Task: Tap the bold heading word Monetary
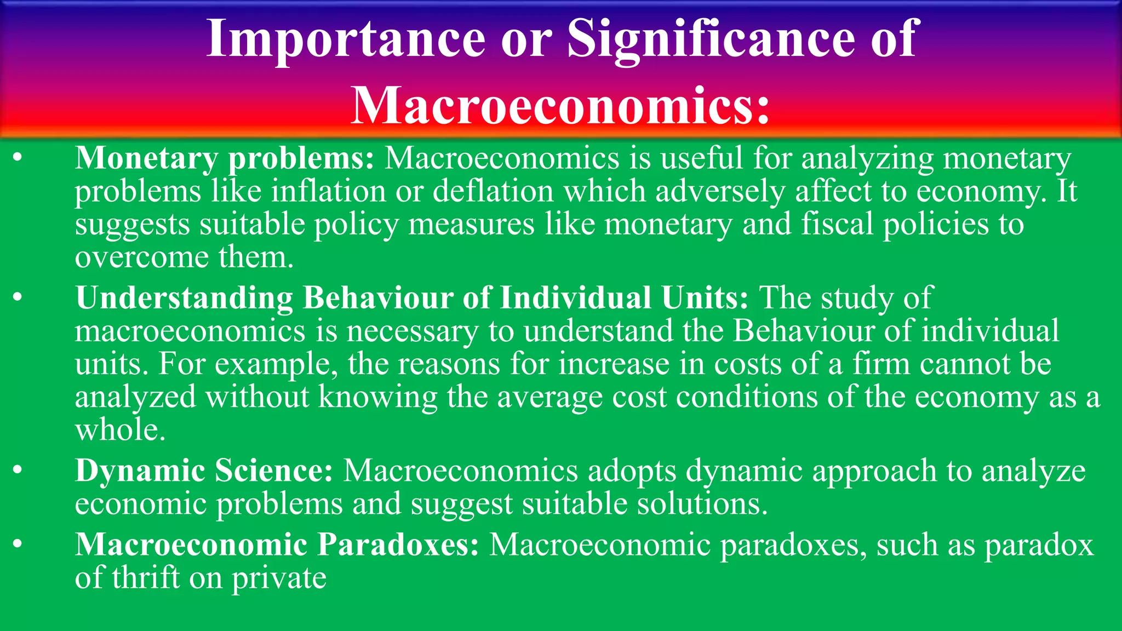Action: click(146, 159)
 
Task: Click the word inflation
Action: click(329, 192)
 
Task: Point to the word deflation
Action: click(493, 192)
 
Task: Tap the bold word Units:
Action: click(705, 299)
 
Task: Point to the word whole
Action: click(120, 430)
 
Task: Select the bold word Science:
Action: click(273, 471)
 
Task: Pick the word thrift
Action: click(146, 578)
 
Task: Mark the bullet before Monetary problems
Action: click(18, 159)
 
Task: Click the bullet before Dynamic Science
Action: click(18, 471)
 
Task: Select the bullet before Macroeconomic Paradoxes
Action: click(18, 545)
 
